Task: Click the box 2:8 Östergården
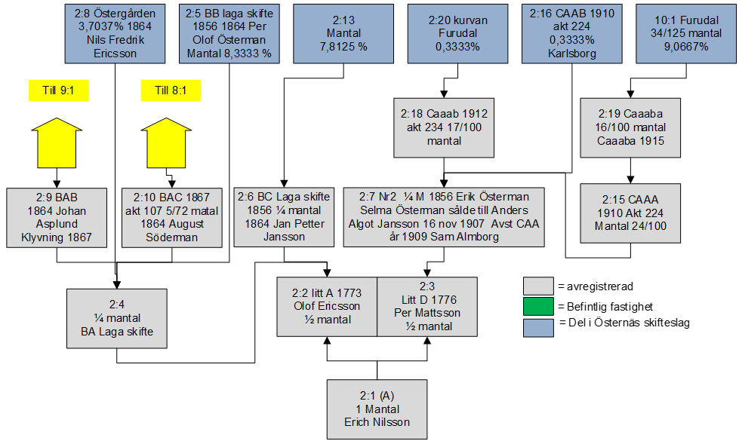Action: point(115,33)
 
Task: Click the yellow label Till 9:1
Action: point(59,90)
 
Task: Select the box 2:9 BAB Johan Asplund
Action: point(57,216)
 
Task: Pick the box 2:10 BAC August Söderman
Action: point(171,216)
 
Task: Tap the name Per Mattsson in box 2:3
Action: point(427,313)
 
